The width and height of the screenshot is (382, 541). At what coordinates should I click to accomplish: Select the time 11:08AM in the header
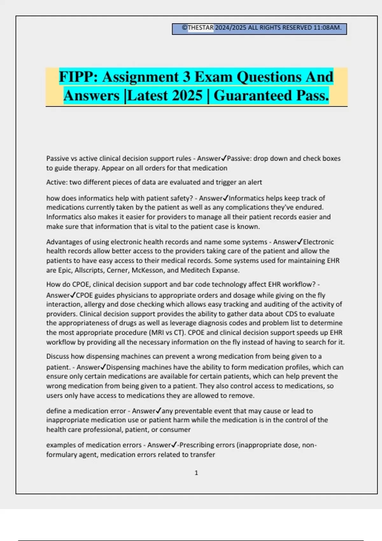tap(327, 28)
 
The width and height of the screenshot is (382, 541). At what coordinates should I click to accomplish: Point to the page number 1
tap(196, 473)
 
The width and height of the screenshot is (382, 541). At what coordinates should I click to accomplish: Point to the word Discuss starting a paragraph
tap(58, 356)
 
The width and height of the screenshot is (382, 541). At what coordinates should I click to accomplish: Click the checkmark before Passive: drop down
tap(224, 158)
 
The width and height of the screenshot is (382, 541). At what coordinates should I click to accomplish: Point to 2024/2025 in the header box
tap(230, 28)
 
